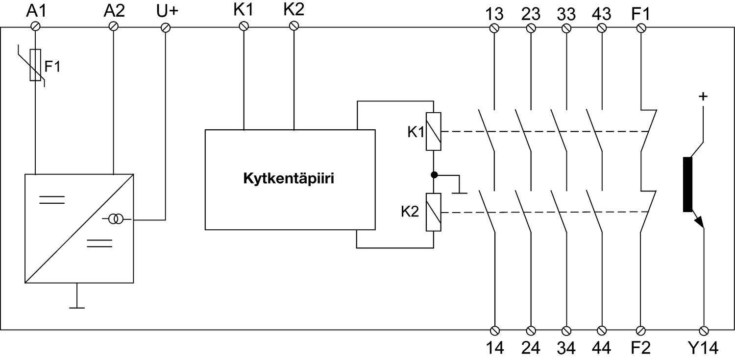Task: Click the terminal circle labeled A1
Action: click(36, 26)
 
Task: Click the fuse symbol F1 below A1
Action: click(36, 65)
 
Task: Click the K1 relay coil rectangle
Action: click(434, 131)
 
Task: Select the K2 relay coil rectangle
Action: click(434, 212)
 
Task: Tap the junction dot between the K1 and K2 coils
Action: click(434, 174)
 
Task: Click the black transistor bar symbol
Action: click(687, 185)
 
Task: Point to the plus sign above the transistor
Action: click(703, 96)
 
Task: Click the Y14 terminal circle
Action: click(704, 330)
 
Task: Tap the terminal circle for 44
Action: click(602, 330)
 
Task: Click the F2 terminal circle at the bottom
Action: click(641, 330)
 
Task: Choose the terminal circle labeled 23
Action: click(531, 28)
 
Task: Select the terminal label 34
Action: click(566, 348)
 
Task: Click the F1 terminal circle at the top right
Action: click(641, 28)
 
